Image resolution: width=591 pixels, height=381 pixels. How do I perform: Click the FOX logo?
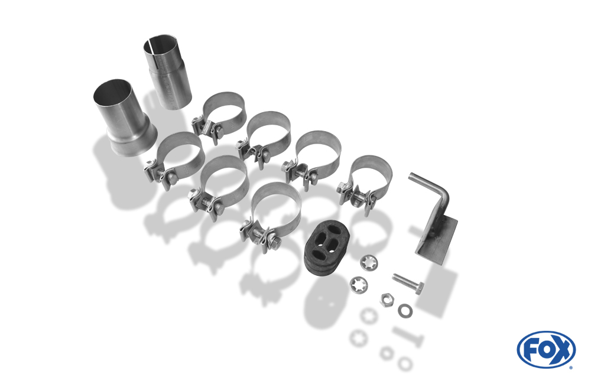(x=546, y=349)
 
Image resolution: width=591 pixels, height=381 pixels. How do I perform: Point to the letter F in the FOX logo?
(x=531, y=350)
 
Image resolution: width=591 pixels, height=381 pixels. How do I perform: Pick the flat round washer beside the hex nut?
(x=405, y=311)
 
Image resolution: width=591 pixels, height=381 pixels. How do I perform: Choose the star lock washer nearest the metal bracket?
(x=369, y=263)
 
